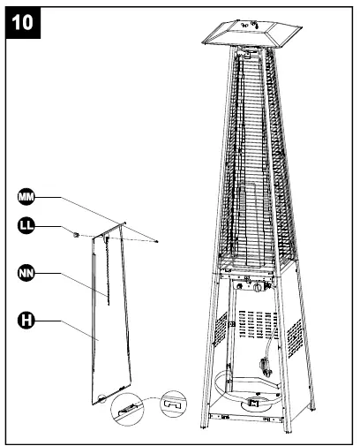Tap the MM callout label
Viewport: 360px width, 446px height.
pos(27,196)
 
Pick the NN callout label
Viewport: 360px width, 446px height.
pos(27,275)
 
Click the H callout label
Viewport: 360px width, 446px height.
pos(27,321)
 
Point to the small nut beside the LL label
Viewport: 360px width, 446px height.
pos(77,234)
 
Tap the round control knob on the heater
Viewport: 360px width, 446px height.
pos(259,288)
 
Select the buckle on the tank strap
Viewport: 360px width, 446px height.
pos(257,404)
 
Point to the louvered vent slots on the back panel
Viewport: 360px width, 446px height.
pos(257,320)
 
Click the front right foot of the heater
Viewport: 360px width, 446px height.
pos(286,432)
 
